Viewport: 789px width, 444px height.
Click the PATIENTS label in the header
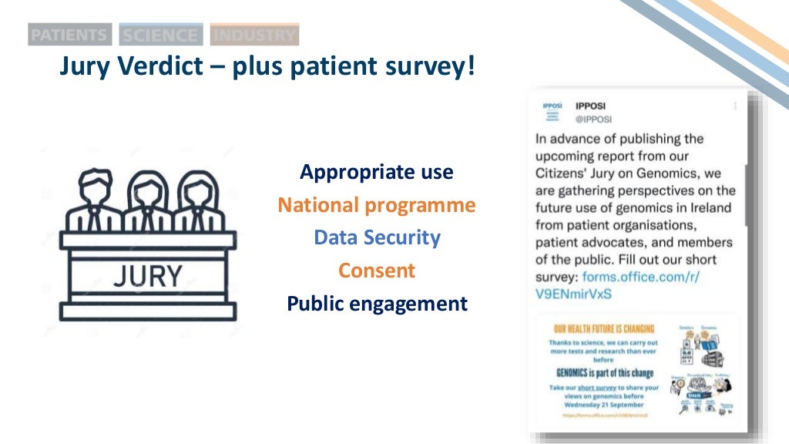click(x=69, y=35)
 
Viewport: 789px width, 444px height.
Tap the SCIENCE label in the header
click(x=160, y=35)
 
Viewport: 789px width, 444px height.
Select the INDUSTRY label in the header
click(x=254, y=35)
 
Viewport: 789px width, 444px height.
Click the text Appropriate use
click(x=377, y=172)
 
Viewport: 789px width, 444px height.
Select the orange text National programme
click(x=377, y=205)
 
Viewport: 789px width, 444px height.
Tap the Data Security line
click(x=377, y=237)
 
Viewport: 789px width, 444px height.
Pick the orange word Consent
click(x=377, y=271)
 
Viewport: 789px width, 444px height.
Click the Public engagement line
click(x=377, y=304)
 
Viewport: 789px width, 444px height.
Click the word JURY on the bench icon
click(x=147, y=276)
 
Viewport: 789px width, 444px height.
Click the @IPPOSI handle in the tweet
click(x=593, y=119)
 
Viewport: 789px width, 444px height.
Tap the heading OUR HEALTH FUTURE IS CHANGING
click(x=604, y=329)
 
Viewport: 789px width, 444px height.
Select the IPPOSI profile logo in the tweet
click(x=552, y=112)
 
